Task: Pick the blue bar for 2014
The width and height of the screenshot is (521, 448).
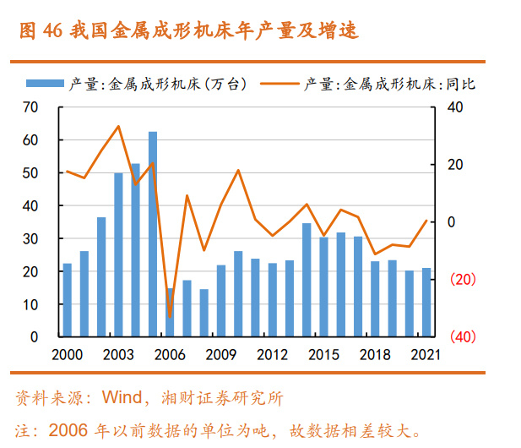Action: click(x=307, y=279)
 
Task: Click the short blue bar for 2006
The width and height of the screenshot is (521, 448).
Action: click(x=170, y=312)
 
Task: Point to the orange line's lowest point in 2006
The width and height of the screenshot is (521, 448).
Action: click(x=170, y=317)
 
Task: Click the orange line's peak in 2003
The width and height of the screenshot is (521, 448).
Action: click(x=118, y=127)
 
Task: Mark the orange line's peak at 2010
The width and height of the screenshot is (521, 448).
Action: click(x=238, y=171)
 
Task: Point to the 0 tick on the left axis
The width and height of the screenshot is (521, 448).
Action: click(x=35, y=336)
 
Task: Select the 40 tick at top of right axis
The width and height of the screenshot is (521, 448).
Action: click(x=456, y=107)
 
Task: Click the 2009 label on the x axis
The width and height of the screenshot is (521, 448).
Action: click(x=221, y=354)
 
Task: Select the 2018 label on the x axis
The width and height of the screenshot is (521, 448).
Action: click(x=375, y=354)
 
